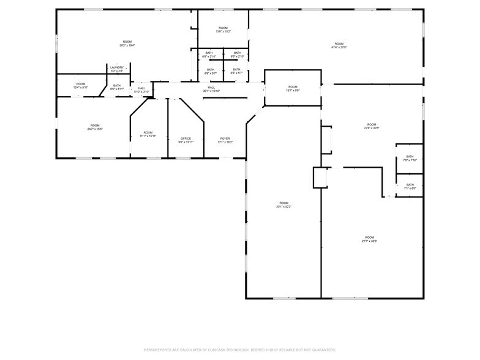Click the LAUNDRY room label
pyautogui.click(x=117, y=67)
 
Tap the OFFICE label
pyautogui.click(x=186, y=138)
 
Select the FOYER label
pyautogui.click(x=225, y=138)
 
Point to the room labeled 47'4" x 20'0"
pyautogui.click(x=339, y=45)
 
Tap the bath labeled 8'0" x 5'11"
pyautogui.click(x=117, y=87)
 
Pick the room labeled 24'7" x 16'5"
pyautogui.click(x=95, y=127)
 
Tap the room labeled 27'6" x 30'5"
pyautogui.click(x=372, y=126)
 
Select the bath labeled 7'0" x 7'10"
pyautogui.click(x=410, y=158)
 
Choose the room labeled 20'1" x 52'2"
pyautogui.click(x=283, y=204)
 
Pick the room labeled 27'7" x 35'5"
pyautogui.click(x=369, y=239)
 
